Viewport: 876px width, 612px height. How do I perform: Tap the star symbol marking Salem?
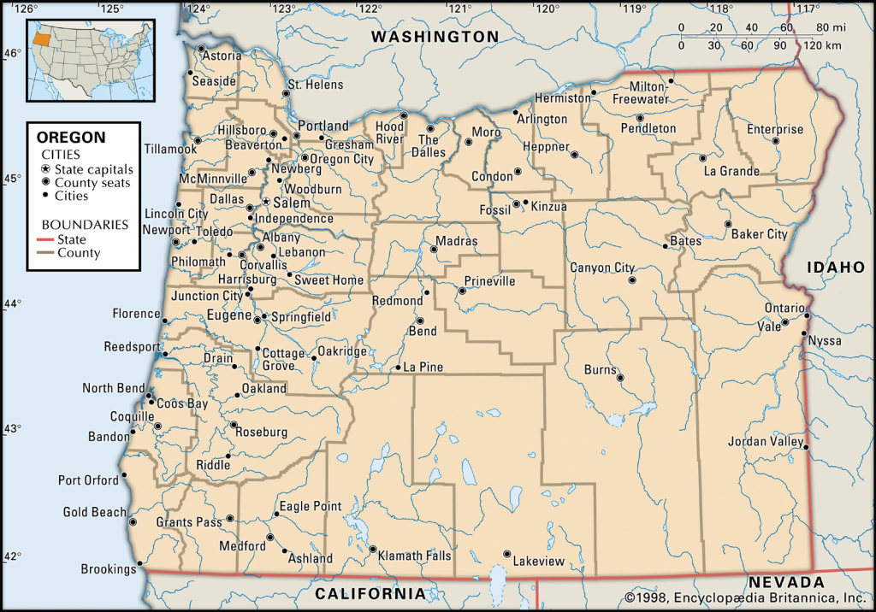[266, 203]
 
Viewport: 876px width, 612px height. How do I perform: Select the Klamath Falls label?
[414, 556]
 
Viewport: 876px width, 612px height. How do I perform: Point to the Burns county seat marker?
[620, 377]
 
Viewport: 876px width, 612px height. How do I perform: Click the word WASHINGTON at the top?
[435, 37]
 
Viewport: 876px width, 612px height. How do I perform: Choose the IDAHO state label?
[837, 268]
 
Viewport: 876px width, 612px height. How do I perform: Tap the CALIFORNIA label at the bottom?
[370, 593]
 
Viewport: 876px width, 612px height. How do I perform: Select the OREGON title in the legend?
[71, 137]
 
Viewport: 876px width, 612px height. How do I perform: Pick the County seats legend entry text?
[92, 183]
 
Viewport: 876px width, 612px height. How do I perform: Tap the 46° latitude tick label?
[12, 53]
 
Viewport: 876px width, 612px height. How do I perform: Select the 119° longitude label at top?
[634, 9]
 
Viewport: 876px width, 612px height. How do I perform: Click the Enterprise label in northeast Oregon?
[775, 130]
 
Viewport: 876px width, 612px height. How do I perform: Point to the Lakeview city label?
[539, 562]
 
